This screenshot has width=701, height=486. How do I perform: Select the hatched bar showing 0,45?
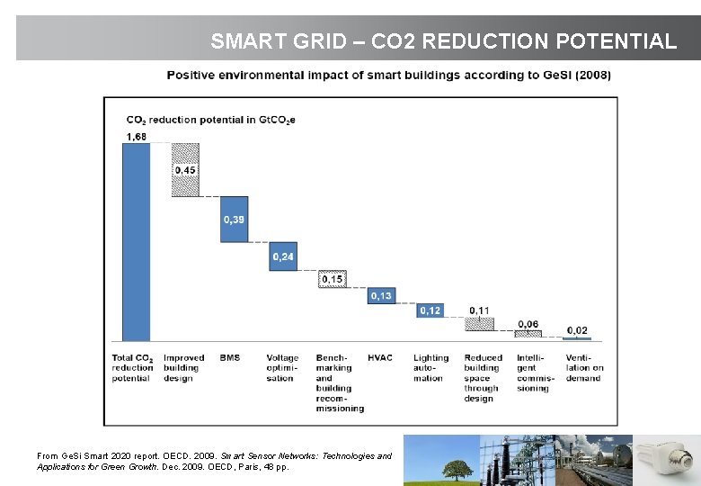(185, 169)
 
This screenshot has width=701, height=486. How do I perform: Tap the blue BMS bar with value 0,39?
(234, 219)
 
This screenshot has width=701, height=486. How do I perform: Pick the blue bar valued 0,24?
(283, 256)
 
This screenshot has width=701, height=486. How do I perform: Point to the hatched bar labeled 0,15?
(332, 279)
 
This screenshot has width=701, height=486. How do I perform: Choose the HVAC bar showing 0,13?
(381, 295)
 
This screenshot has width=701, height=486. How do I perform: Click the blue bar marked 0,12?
(430, 310)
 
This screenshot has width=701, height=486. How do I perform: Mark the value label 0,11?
(479, 310)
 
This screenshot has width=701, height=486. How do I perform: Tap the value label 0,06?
(528, 324)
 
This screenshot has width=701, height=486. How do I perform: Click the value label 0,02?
(577, 330)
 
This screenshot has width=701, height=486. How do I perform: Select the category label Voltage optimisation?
(283, 368)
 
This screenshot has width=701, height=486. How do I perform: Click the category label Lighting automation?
(430, 368)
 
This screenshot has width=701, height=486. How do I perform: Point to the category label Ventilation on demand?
(584, 368)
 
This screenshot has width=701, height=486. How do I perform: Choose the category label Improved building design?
(184, 368)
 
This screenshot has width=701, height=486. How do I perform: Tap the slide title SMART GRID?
(442, 41)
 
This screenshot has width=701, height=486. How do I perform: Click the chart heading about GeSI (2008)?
(388, 76)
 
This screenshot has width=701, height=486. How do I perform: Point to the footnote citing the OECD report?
(214, 462)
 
